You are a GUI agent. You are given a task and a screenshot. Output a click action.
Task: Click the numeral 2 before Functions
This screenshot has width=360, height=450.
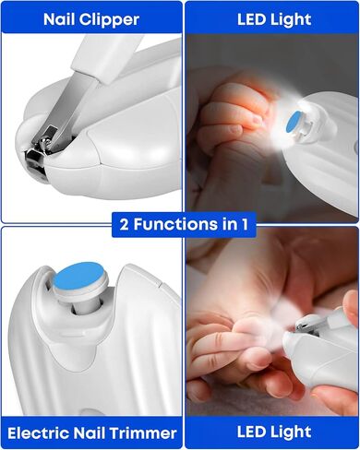[124, 224]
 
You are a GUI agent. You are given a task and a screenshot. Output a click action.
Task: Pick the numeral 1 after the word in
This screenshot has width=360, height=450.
[245, 224]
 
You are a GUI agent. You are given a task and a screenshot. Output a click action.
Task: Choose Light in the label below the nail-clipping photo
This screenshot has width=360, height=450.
[292, 432]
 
